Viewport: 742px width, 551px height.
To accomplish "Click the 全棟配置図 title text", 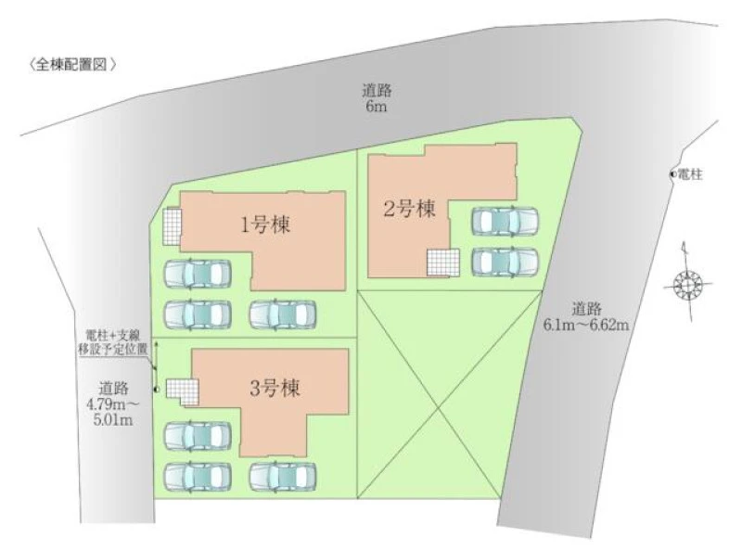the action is click(72, 65).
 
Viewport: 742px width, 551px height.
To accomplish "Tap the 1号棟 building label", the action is click(265, 224).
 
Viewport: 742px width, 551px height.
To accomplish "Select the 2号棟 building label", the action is click(409, 209).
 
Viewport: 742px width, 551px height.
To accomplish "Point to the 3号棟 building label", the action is click(275, 389).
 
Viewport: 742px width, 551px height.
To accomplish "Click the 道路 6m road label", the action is click(377, 97).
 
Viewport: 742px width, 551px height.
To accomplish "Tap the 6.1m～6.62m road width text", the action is click(586, 316).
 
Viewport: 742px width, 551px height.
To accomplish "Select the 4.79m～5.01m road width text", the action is click(113, 404).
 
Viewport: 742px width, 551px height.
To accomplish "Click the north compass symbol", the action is click(687, 283).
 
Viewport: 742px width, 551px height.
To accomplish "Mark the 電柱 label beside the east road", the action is click(689, 174).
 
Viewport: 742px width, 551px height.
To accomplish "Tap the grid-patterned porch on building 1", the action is click(172, 226).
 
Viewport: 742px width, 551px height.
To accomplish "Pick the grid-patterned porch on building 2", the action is click(443, 263).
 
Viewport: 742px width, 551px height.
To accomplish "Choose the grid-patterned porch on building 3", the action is click(182, 392).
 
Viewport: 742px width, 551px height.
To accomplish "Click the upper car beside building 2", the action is click(505, 221).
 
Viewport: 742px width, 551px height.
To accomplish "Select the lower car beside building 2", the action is click(505, 262).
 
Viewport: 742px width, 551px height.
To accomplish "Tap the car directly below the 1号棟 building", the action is click(283, 314).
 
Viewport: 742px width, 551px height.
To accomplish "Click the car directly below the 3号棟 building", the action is click(283, 477).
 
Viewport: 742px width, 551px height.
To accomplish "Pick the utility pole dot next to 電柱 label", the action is click(672, 174).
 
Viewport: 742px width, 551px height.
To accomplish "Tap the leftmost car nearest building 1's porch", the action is click(198, 274).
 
